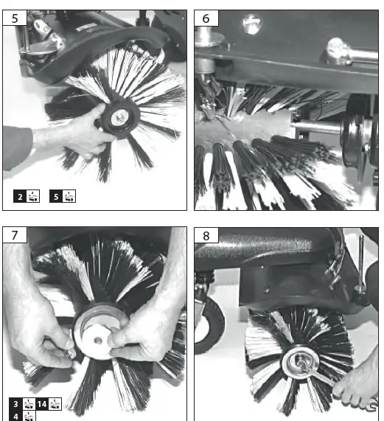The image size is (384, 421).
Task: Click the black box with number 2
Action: tap(21, 196)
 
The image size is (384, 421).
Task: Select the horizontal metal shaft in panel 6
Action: tap(317, 128)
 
